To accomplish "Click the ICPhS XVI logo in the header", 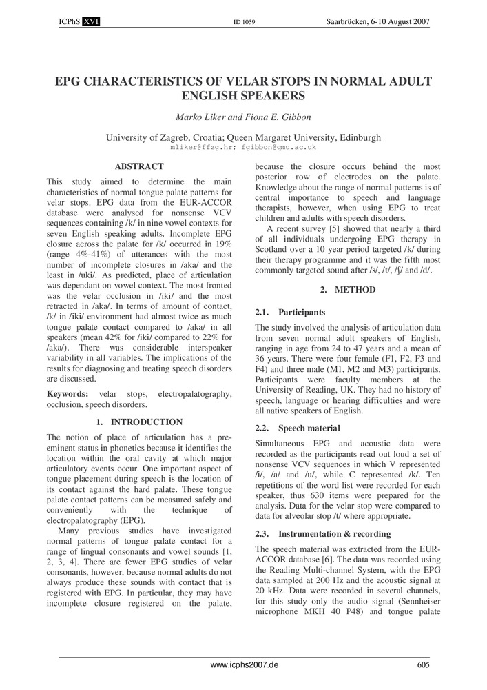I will coord(80,22).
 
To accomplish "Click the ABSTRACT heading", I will coord(139,166).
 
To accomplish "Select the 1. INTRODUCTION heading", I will coord(139,422).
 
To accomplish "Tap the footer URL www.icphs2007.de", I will coord(244,665).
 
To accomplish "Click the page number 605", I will coord(424,665).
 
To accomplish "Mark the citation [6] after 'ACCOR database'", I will coord(344,560).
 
